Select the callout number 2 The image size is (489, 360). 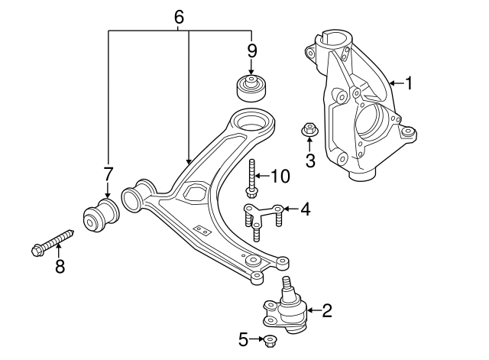click(328, 310)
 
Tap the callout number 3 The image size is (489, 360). click(310, 160)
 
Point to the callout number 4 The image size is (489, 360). click(305, 208)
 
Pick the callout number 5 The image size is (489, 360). click(243, 339)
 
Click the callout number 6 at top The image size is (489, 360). click(179, 16)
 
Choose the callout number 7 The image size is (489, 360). click(108, 174)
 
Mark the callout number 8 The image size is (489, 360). click(59, 266)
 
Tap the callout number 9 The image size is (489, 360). click(251, 53)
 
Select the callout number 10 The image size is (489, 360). click(280, 177)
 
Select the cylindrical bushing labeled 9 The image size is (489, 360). click(251, 87)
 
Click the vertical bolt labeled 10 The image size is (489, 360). click(251, 177)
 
